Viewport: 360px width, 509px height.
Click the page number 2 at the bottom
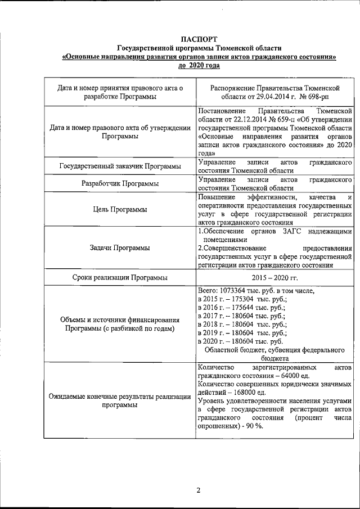click(198, 489)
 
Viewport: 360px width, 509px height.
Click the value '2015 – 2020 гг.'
click(275, 277)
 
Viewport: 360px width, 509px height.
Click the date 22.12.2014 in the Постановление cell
click(246, 119)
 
